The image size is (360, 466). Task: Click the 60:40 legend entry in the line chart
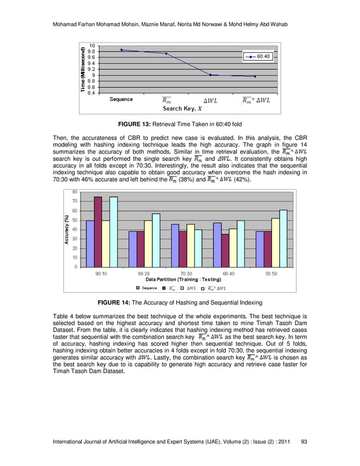[261, 57]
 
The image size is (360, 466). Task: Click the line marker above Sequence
[121, 50]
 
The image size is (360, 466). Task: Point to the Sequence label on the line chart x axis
[121, 99]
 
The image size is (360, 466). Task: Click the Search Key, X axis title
[182, 108]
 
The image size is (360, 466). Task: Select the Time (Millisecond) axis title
[83, 69]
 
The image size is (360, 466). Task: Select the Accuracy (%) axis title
[66, 229]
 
